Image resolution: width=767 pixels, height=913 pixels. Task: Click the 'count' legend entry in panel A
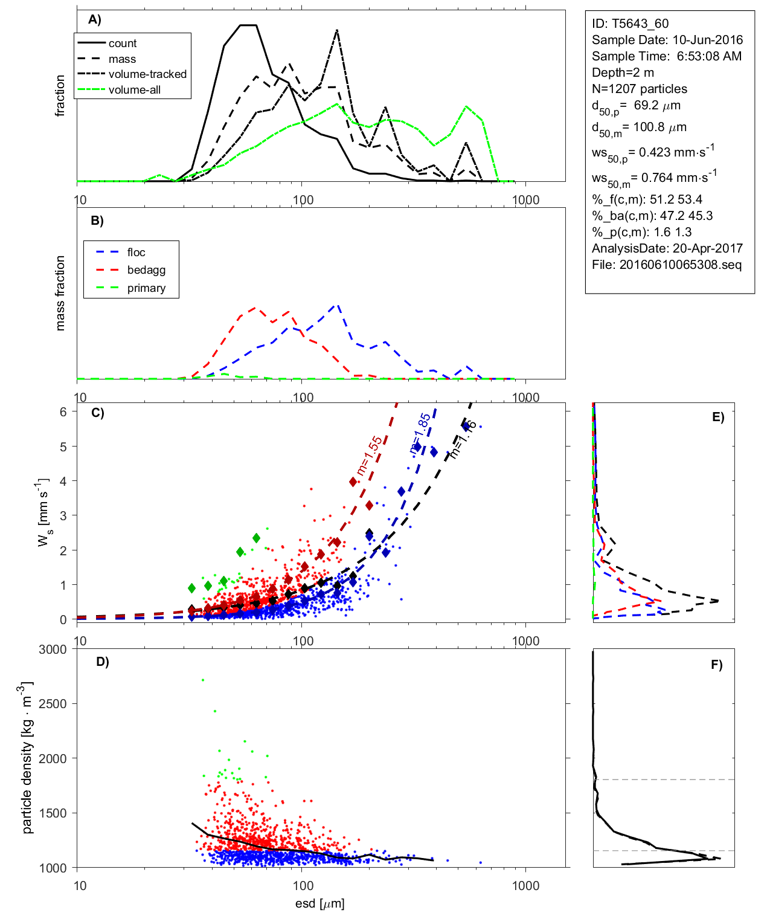[x=123, y=44]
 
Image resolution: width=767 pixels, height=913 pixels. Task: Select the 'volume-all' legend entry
[x=134, y=90]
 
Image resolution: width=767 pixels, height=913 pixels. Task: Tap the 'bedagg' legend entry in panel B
[x=146, y=270]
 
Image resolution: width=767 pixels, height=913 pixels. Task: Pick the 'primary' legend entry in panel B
[x=146, y=288]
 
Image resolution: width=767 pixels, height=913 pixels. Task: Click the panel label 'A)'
[x=95, y=20]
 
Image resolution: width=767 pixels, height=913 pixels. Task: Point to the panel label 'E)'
[x=718, y=417]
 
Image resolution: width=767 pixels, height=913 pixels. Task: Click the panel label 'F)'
[x=717, y=665]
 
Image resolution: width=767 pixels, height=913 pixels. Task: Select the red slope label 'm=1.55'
[x=369, y=456]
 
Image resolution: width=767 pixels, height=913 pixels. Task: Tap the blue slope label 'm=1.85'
[x=420, y=433]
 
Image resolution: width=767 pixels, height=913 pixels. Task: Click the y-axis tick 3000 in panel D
[x=53, y=650]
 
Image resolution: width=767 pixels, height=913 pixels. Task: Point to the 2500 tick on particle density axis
[x=53, y=704]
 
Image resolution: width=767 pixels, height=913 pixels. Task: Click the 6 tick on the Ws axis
[x=63, y=411]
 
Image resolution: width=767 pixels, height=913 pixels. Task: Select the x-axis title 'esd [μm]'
[x=319, y=904]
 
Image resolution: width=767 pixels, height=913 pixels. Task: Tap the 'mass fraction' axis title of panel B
[x=60, y=293]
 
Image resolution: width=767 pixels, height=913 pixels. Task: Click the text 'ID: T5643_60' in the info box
[x=630, y=24]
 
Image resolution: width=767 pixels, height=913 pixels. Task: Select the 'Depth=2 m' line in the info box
[x=623, y=73]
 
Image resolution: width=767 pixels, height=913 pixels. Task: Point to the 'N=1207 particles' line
[x=639, y=89]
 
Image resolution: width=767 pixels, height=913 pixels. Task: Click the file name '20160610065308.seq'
[x=680, y=265]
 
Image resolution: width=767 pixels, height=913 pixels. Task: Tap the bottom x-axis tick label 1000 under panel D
[x=525, y=886]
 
